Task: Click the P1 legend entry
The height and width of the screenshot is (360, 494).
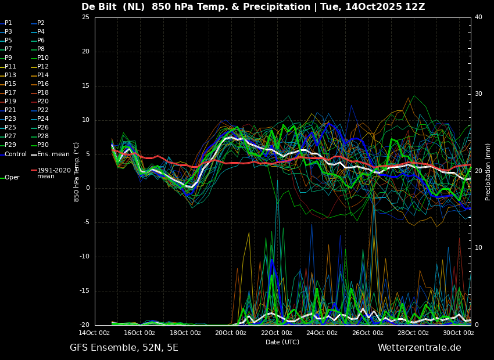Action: (x=6, y=23)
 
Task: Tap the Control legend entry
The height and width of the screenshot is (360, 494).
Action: (x=13, y=154)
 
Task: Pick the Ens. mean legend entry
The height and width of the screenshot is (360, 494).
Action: (x=50, y=154)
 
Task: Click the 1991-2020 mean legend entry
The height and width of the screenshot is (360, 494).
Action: (x=51, y=173)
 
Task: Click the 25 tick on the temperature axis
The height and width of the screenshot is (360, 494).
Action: (x=85, y=17)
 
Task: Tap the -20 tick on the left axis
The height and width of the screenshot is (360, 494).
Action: (x=84, y=325)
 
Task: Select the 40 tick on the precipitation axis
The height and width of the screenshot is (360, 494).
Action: (x=478, y=17)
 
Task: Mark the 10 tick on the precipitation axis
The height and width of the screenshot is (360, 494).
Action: (x=478, y=248)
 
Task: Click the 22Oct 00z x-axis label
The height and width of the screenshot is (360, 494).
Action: (x=276, y=333)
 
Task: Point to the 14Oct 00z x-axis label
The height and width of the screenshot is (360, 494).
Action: (x=94, y=333)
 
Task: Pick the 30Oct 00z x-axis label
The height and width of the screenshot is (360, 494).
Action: (x=459, y=333)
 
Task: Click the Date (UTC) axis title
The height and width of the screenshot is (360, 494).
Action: (x=282, y=342)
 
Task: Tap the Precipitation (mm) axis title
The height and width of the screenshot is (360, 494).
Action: (x=488, y=171)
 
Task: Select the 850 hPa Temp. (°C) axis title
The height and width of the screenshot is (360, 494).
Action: (x=76, y=172)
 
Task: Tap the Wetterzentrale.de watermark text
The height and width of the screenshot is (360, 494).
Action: (x=420, y=348)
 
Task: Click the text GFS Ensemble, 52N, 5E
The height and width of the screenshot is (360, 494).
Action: (x=124, y=348)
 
